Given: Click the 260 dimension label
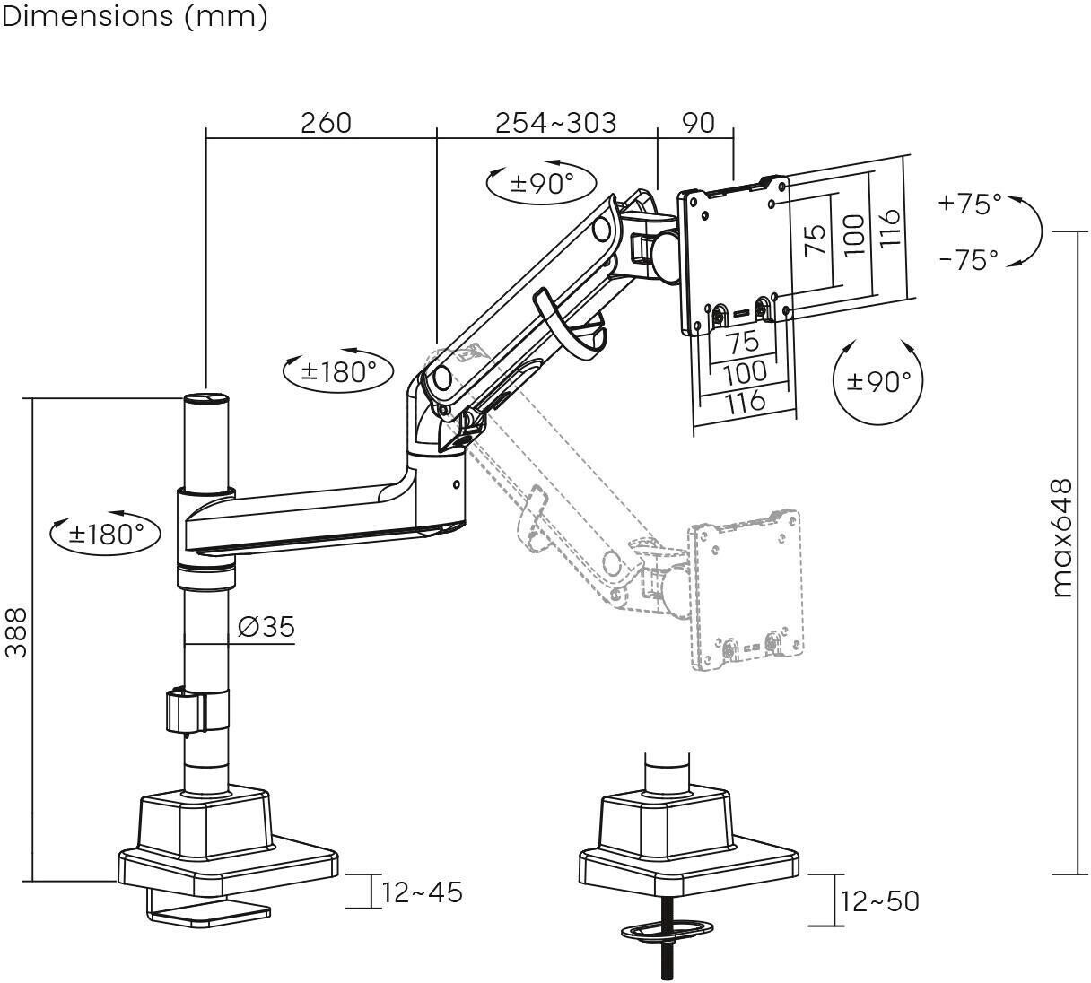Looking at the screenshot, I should [x=326, y=123].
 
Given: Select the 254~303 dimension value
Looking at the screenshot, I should [x=556, y=123].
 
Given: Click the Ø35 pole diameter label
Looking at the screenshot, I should [x=266, y=627].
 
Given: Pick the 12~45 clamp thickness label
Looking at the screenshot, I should [x=422, y=892].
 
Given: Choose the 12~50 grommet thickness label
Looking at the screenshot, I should [x=879, y=901].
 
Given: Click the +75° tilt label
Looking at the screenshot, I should [x=970, y=204].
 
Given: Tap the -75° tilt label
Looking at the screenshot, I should [x=969, y=260].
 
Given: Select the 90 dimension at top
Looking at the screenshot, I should [x=699, y=123].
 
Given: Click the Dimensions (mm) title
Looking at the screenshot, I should [x=135, y=17].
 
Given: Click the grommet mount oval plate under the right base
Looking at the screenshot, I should [x=664, y=930].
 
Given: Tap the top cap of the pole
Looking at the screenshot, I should [x=206, y=398].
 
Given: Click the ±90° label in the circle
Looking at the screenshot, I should [x=878, y=381].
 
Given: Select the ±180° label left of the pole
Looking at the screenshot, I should [x=107, y=535].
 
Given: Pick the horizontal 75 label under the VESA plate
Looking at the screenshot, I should [x=742, y=343].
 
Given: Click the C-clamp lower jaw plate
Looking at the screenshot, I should [x=209, y=914].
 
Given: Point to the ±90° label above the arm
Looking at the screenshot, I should [x=542, y=183].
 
